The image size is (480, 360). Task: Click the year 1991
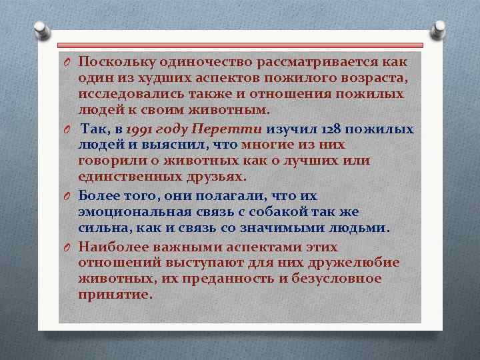138,129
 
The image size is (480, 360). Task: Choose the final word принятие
114,295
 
